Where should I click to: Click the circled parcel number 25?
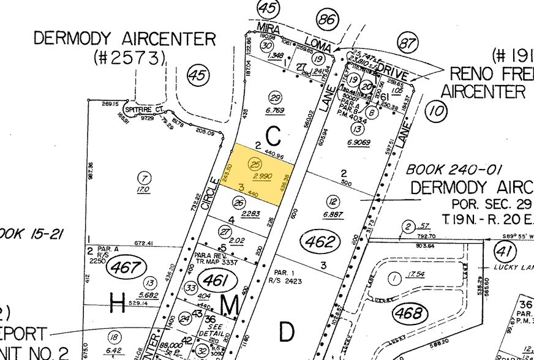point(256,163)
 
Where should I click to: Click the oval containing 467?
point(127,268)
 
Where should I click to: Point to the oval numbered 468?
point(410,313)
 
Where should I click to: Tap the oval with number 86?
point(328,19)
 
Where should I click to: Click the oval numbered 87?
point(407,43)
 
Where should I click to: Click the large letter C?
point(273,133)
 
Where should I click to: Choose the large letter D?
point(287,331)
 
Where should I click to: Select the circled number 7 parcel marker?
point(145,178)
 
